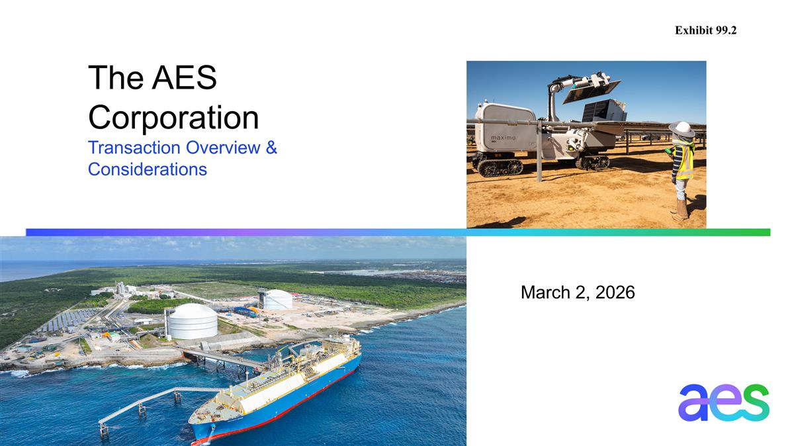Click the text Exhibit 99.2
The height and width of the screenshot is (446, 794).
tap(705, 30)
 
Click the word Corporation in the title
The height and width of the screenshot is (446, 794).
tap(173, 118)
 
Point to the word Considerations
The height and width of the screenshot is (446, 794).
tap(147, 169)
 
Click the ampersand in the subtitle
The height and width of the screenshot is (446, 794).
tap(271, 148)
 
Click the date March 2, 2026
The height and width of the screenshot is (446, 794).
tap(578, 292)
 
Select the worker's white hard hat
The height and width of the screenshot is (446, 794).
tap(682, 129)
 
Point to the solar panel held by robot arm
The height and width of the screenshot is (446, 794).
tap(592, 91)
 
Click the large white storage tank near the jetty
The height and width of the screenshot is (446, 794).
tap(192, 321)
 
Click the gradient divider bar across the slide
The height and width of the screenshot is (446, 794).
tap(397, 232)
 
